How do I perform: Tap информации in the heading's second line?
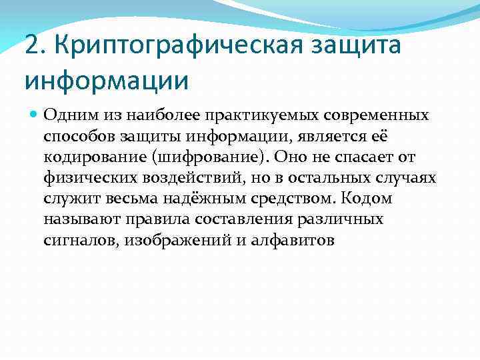pos(107,81)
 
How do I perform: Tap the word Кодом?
pos(365,199)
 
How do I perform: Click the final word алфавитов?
pos(293,241)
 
